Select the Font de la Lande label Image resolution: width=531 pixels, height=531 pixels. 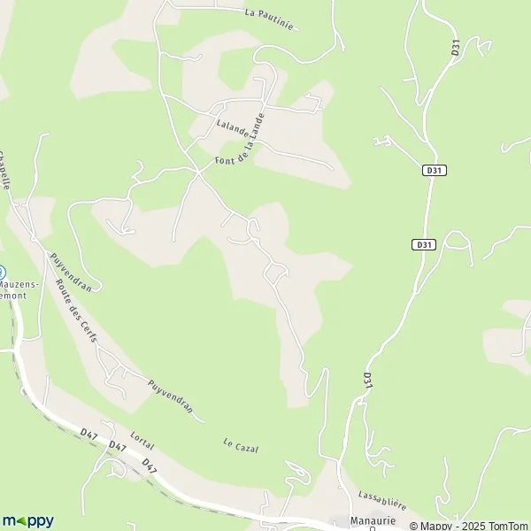[x=240, y=142]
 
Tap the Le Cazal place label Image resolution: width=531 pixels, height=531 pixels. [x=242, y=446]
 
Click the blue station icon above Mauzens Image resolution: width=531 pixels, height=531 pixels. [x=2, y=273]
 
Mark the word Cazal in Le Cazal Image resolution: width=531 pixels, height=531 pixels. [x=247, y=448]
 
